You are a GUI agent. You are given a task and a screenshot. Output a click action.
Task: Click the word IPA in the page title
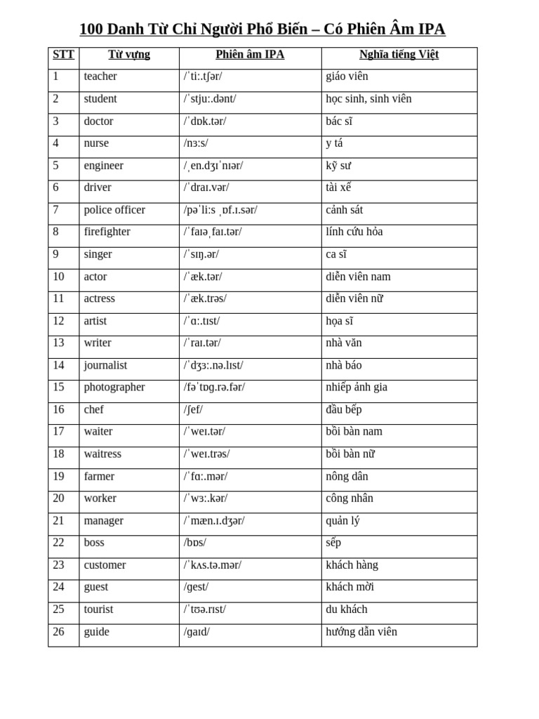coord(430,29)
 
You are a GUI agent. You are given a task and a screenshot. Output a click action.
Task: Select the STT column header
coord(63,55)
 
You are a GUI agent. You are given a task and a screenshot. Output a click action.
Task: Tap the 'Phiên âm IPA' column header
coord(250,55)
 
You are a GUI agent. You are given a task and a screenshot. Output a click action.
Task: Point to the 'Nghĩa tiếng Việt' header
coord(399,55)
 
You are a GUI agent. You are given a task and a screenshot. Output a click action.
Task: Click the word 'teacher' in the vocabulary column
coord(100,77)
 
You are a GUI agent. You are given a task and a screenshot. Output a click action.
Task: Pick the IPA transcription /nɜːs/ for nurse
coord(196,143)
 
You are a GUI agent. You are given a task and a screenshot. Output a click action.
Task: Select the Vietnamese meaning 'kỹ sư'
coord(338,166)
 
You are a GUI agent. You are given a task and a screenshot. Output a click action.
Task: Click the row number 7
coord(56,210)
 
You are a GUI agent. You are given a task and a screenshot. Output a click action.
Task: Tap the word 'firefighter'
coord(107,232)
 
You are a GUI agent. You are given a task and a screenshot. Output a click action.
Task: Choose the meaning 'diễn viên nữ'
coord(354,298)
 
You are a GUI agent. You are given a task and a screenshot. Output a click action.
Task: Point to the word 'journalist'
coord(105,365)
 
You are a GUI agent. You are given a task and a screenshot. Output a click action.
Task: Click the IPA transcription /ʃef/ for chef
coord(193,409)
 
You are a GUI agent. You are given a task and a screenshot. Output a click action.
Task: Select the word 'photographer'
coord(114,387)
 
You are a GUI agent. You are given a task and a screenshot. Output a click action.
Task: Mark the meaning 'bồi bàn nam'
coord(354,431)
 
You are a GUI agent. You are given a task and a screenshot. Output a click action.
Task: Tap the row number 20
coord(58,498)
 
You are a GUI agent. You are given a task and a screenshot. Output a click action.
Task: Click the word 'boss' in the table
coord(94,543)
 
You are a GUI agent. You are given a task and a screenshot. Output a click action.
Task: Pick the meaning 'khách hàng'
coord(352,565)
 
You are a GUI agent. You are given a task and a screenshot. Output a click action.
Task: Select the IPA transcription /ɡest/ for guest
coord(196,587)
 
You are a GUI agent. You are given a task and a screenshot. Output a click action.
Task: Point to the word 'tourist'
coord(98,609)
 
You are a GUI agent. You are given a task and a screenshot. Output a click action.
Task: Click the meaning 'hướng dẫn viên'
coord(361,631)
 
